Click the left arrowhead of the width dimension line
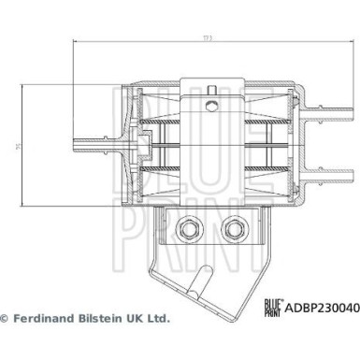76,43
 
